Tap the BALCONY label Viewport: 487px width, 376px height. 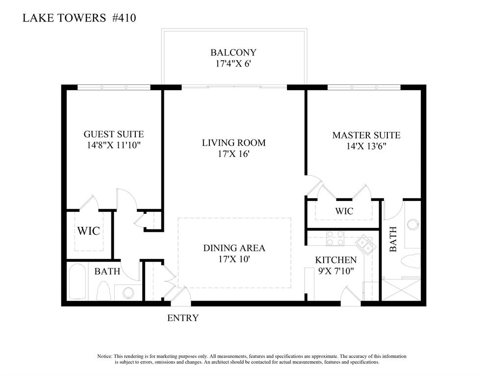(233, 52)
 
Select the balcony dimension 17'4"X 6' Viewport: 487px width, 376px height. (233, 63)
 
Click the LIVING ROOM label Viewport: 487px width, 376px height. (234, 143)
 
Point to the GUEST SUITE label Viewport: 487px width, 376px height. (114, 134)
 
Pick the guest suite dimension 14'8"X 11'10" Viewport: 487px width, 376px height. (114, 145)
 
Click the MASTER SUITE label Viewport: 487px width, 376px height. (366, 135)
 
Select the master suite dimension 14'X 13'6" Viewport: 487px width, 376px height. (366, 146)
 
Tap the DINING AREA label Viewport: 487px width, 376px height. (234, 248)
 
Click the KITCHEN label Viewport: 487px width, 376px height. (336, 260)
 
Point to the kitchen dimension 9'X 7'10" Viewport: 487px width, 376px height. (336, 270)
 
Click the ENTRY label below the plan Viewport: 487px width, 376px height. (183, 318)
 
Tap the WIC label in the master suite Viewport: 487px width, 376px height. (344, 211)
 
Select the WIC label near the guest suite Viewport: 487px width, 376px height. (89, 230)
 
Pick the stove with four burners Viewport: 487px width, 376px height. (335, 238)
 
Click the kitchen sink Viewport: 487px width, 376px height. (364, 243)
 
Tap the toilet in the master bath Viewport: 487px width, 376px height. (411, 260)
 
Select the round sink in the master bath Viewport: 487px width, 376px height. (413, 225)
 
